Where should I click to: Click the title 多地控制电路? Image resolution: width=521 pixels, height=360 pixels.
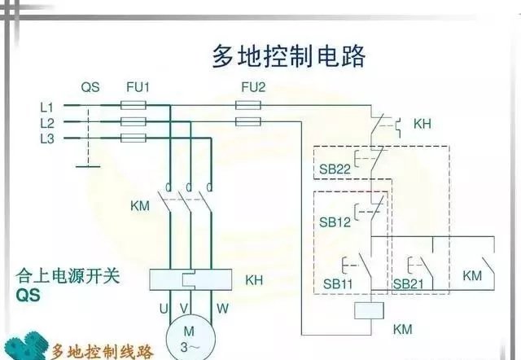click(x=288, y=56)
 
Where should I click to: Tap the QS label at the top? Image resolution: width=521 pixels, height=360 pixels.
click(x=90, y=86)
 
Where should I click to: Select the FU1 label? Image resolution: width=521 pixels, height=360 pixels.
click(x=138, y=86)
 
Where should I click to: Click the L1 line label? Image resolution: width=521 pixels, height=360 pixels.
click(x=46, y=107)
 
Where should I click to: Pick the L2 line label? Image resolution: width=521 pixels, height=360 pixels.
click(x=46, y=122)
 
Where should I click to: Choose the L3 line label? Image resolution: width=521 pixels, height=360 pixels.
click(x=46, y=138)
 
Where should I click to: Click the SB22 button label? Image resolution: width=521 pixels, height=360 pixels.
click(x=335, y=169)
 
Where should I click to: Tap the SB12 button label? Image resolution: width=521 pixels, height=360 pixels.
click(x=335, y=222)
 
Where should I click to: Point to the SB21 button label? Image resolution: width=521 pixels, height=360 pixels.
click(x=408, y=283)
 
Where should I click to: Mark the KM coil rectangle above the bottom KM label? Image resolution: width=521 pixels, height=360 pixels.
click(x=371, y=310)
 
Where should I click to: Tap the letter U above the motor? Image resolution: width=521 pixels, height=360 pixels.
click(x=163, y=309)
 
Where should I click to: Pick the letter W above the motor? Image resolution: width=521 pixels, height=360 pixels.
click(x=222, y=309)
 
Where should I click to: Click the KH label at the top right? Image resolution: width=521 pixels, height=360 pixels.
click(x=422, y=125)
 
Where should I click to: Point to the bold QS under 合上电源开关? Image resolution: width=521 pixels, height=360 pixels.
click(x=28, y=296)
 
